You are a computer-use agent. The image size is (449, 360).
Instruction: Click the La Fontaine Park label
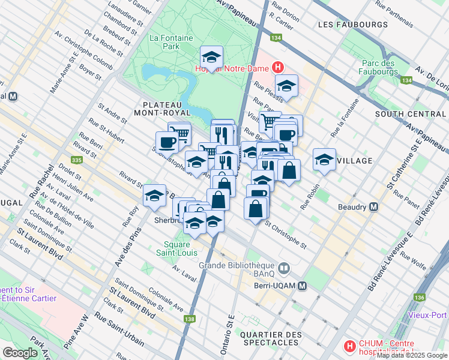[172, 41]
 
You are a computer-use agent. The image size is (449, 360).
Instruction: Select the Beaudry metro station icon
[374, 207]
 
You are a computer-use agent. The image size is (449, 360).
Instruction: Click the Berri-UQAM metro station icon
[303, 286]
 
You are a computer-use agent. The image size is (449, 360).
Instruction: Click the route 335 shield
[76, 160]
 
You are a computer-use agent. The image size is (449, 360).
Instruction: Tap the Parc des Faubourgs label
[380, 68]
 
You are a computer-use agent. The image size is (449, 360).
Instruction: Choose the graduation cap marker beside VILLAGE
[324, 160]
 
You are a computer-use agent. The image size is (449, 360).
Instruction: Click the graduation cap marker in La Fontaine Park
[211, 58]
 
